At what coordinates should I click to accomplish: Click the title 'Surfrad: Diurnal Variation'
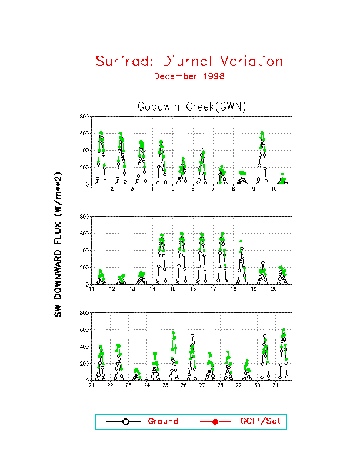tap(189, 61)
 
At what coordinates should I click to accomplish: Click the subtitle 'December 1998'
tap(189, 76)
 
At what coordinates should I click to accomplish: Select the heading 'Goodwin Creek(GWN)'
tap(191, 106)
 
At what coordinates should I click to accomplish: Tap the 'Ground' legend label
tap(162, 421)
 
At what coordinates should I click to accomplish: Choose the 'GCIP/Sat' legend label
tap(255, 421)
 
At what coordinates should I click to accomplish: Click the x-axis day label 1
tap(92, 188)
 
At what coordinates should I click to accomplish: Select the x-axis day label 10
tap(274, 188)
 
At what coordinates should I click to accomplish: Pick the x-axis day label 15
tap(173, 289)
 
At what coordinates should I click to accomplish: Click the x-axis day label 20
tap(274, 289)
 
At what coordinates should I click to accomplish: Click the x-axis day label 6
tap(193, 188)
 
